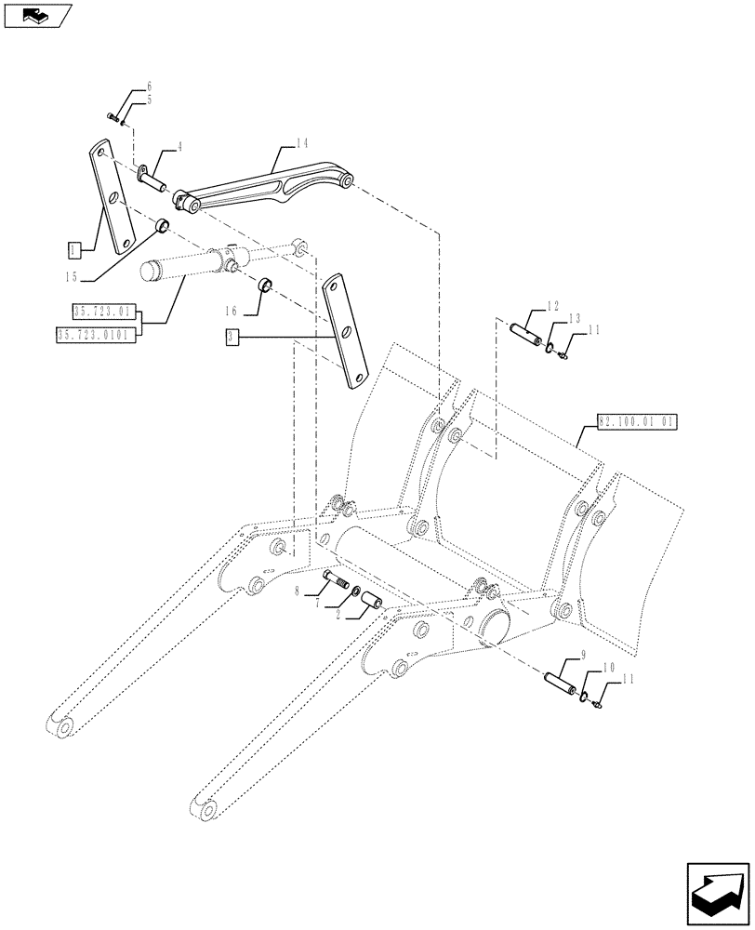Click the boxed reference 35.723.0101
tap(94, 334)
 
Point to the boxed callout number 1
tap(73, 249)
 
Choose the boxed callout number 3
tap(232, 336)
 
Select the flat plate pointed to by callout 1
tap(113, 196)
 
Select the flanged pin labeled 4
tap(154, 177)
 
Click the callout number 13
tap(574, 319)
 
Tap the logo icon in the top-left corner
tap(36, 15)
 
